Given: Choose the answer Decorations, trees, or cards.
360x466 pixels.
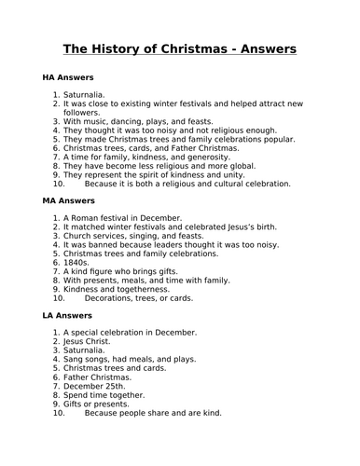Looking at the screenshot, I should (139, 298).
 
